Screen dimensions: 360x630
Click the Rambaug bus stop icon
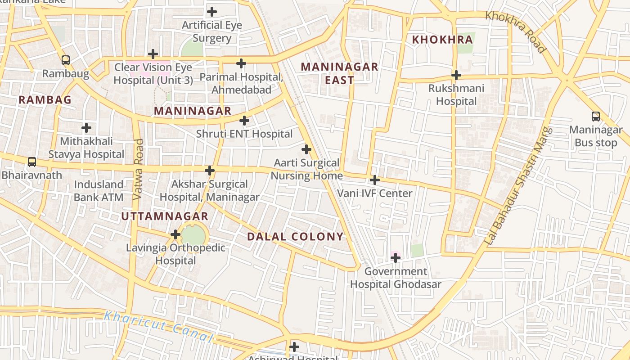pos(66,60)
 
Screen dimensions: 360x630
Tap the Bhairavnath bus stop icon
pos(31,162)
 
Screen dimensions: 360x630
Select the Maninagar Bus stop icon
pos(595,117)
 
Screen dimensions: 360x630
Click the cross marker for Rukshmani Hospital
pos(456,75)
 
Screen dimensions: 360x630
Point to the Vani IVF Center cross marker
pos(374,180)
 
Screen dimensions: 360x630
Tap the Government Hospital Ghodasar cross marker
pos(396,258)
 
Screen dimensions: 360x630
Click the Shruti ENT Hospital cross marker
pos(244,121)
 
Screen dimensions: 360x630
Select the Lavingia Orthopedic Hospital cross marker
pos(175,234)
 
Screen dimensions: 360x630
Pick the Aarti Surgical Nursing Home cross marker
pos(306,149)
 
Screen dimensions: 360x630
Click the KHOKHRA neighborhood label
pos(442,40)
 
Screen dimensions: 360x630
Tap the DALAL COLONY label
pos(295,237)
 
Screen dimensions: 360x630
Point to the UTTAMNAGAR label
pos(165,216)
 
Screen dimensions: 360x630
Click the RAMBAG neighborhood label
pos(45,100)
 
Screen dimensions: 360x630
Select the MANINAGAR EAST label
pos(339,73)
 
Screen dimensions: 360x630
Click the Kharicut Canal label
pos(157,326)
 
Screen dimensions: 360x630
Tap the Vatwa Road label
pos(139,169)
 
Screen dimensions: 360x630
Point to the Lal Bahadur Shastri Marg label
pos(519,186)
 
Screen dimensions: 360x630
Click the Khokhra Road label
pos(515,31)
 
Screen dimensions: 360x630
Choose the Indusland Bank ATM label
pos(99,191)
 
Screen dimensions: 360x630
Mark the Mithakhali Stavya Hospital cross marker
pos(86,128)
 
